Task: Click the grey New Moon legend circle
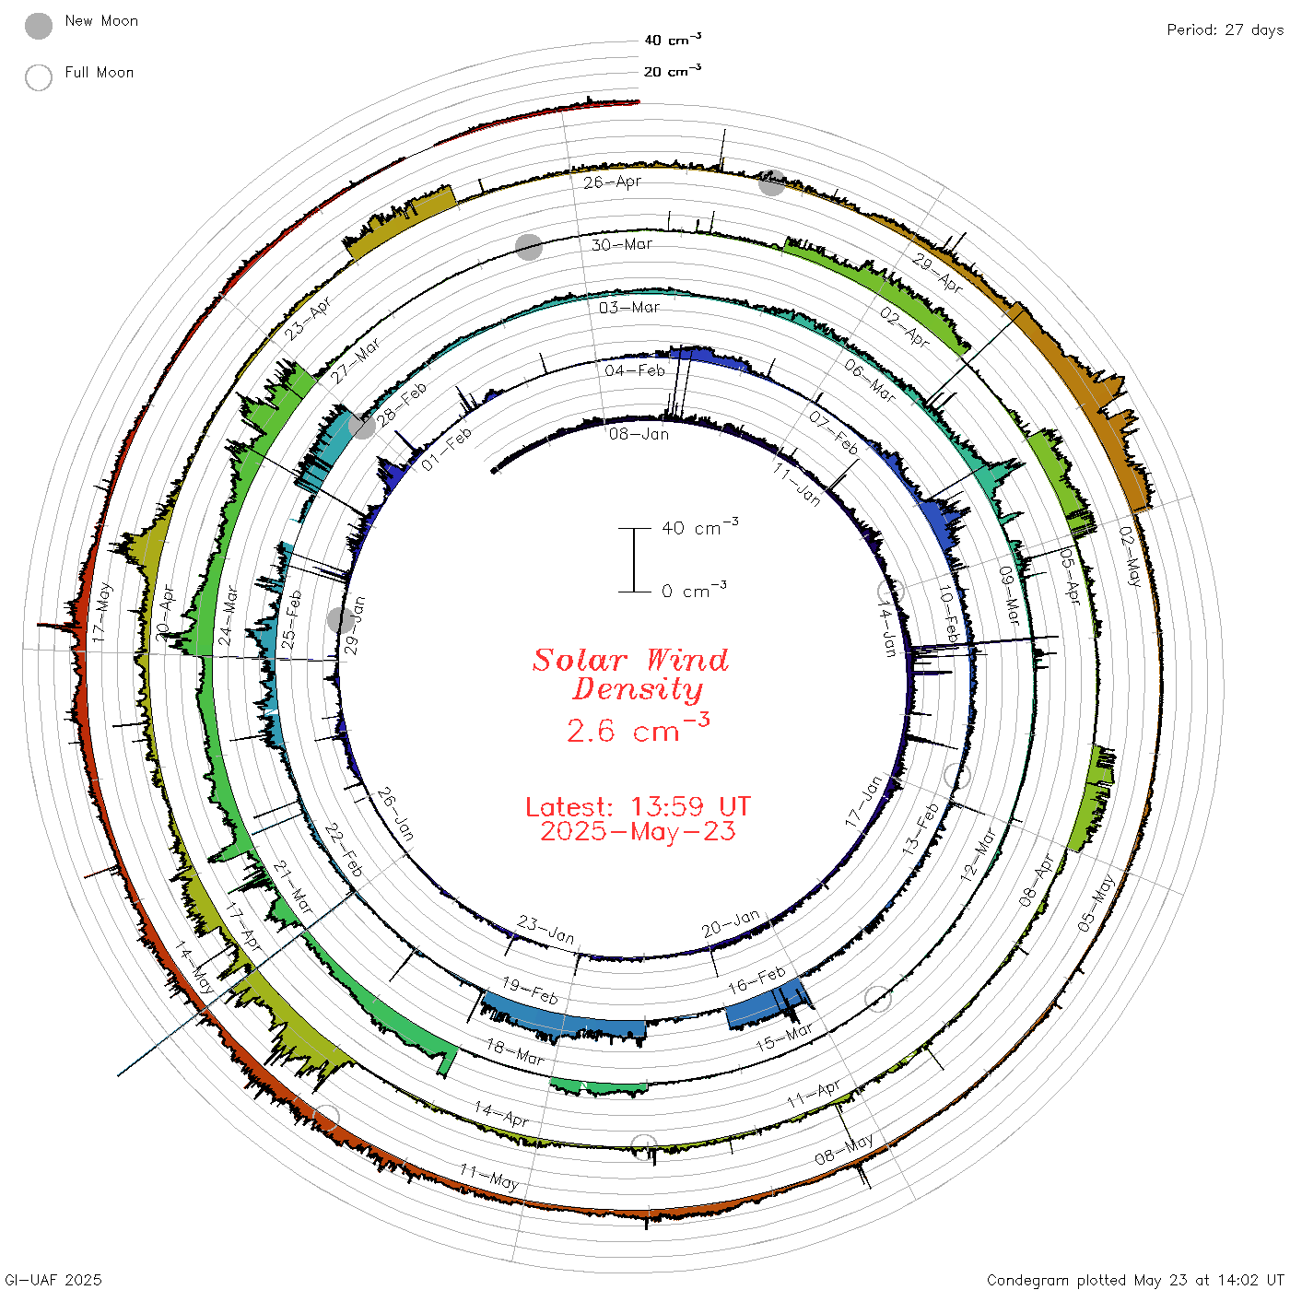click(x=38, y=26)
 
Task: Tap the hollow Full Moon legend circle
click(x=38, y=77)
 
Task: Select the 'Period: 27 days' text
click(x=1225, y=30)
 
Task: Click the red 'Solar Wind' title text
click(x=630, y=660)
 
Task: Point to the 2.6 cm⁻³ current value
click(x=638, y=729)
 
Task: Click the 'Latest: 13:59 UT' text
click(x=638, y=806)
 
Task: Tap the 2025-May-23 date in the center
click(x=638, y=831)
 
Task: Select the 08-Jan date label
click(x=639, y=434)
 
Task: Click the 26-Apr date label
click(x=612, y=182)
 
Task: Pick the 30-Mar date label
click(x=621, y=244)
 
